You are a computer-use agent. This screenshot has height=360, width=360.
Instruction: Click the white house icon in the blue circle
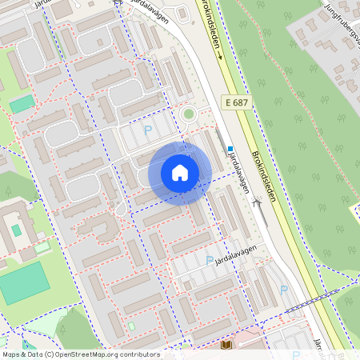tap(180, 173)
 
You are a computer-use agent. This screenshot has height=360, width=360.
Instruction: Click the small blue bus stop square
tap(230, 149)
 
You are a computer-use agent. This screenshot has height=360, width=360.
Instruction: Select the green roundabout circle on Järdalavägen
tap(189, 114)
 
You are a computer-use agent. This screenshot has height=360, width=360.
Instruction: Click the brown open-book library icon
tap(226, 345)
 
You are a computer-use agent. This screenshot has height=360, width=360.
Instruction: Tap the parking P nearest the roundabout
tap(146, 130)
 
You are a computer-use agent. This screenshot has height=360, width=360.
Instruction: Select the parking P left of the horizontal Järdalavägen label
tap(210, 260)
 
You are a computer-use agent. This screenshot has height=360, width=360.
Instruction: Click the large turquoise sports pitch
tap(24, 283)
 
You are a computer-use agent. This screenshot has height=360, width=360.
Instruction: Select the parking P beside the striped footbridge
tap(283, 289)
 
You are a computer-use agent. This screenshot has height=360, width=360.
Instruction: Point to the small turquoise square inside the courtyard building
tap(17, 230)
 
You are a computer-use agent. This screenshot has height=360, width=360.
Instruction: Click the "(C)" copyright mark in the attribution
tap(50, 354)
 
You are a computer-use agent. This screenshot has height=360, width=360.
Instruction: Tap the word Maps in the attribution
tap(11, 354)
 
